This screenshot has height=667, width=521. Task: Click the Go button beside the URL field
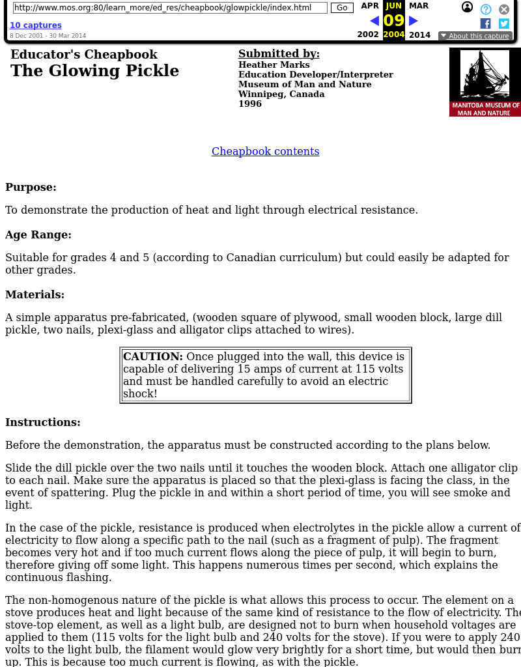coord(342,8)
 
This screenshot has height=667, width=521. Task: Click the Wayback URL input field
coord(170,8)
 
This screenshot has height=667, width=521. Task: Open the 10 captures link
coord(36,25)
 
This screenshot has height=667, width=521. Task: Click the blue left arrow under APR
coord(374,21)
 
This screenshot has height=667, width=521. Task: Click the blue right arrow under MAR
coord(413,21)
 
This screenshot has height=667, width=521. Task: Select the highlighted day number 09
coord(393,20)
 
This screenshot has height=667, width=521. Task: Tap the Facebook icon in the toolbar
coord(485,23)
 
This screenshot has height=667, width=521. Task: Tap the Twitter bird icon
coord(504,23)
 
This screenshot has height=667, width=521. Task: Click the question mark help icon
coord(486,9)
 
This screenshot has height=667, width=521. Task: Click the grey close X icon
coord(504,9)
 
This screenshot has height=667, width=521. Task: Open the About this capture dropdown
coord(475,36)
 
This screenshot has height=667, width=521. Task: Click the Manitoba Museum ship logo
coord(485,82)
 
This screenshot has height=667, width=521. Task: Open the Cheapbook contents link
coord(265,151)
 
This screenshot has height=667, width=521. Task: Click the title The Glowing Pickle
coord(94,70)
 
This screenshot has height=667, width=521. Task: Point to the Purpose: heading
coord(31,187)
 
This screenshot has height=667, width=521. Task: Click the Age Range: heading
coord(38,234)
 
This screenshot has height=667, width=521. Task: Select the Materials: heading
coord(35,294)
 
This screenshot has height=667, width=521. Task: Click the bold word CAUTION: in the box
coord(153,356)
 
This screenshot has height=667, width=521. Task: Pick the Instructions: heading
coord(43,422)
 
